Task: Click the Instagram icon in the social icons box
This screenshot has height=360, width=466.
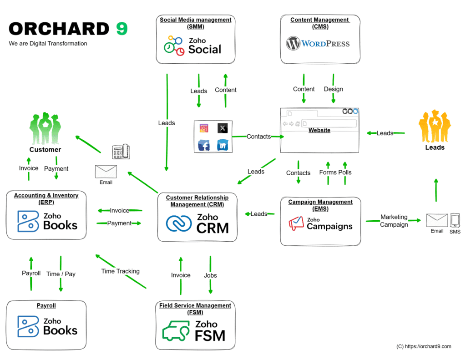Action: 204,128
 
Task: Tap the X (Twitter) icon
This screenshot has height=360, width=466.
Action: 222,128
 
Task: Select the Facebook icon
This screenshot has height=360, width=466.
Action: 204,146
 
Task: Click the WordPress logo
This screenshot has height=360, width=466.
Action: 318,44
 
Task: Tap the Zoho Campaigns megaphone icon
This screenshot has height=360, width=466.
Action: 296,223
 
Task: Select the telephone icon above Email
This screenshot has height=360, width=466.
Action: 120,152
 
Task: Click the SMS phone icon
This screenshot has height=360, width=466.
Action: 455,220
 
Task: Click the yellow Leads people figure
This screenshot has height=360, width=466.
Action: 435,126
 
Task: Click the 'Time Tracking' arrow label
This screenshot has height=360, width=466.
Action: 120,271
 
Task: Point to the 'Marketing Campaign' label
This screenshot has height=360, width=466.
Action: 394,221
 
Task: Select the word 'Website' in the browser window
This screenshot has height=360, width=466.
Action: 319,130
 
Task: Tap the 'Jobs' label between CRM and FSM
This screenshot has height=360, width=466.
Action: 210,275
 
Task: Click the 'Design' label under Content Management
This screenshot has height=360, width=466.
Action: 333,89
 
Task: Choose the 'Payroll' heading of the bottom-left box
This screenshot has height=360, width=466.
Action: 46,306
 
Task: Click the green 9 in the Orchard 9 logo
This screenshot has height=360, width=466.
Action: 122,29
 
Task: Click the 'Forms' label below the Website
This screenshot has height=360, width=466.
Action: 328,172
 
